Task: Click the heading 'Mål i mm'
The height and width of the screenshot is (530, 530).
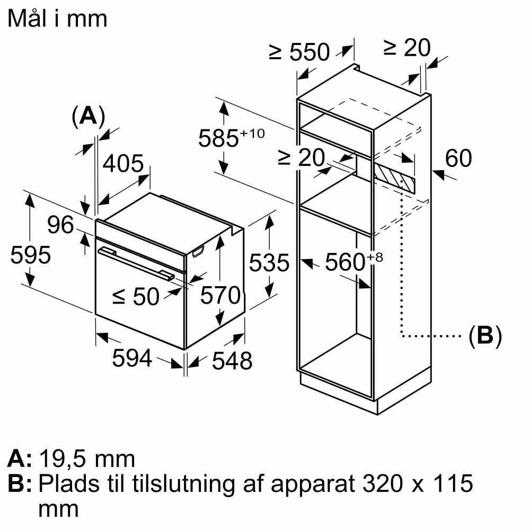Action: click(x=58, y=19)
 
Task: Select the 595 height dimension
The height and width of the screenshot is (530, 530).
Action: click(x=31, y=255)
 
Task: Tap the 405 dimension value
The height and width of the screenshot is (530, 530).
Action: click(x=123, y=164)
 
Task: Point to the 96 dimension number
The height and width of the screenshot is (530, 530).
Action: click(x=60, y=225)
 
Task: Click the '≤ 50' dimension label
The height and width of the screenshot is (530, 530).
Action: click(x=136, y=297)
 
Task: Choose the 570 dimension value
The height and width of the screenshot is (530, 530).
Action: click(x=220, y=296)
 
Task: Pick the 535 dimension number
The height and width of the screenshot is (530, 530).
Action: click(x=270, y=263)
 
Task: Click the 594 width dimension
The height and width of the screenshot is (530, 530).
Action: click(x=132, y=359)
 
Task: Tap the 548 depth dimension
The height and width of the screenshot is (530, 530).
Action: click(x=232, y=361)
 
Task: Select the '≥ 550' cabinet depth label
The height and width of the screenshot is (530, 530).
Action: click(x=299, y=52)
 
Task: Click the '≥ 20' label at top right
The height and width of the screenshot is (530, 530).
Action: click(x=407, y=48)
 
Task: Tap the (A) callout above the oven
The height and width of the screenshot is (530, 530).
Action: click(x=88, y=116)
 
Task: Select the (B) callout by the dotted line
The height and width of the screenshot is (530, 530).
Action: click(x=485, y=336)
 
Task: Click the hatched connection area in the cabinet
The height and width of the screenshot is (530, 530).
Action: click(x=393, y=178)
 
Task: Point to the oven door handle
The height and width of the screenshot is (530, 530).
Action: click(x=135, y=263)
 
